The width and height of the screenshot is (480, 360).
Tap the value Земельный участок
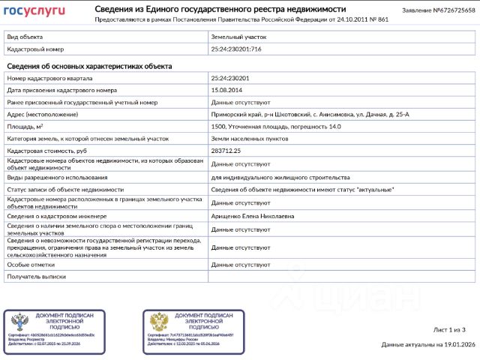238,36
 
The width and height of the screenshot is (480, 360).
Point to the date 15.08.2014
226,89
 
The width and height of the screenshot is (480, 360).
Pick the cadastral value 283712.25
229,151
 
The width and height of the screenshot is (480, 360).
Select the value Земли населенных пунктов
247,139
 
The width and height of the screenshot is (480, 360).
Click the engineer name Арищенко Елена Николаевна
252,215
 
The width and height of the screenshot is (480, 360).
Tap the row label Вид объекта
24,36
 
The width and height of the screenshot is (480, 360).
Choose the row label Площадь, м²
25,126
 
